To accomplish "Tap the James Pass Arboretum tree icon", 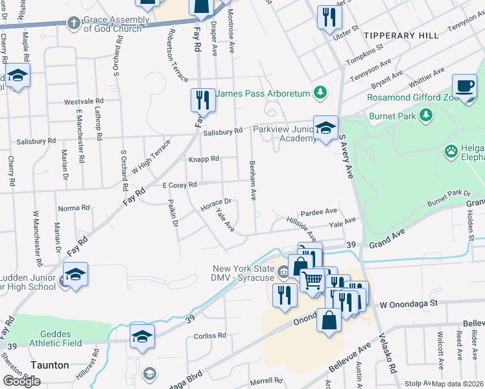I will (x=320, y=93).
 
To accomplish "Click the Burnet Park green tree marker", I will (x=426, y=115).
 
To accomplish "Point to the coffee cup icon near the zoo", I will (x=464, y=86).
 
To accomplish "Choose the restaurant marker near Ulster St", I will (x=329, y=16).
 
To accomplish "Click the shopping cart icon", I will (x=313, y=280).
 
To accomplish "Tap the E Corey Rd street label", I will (x=179, y=185).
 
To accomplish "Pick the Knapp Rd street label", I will (x=204, y=159).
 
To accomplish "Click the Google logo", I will (x=21, y=381).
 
